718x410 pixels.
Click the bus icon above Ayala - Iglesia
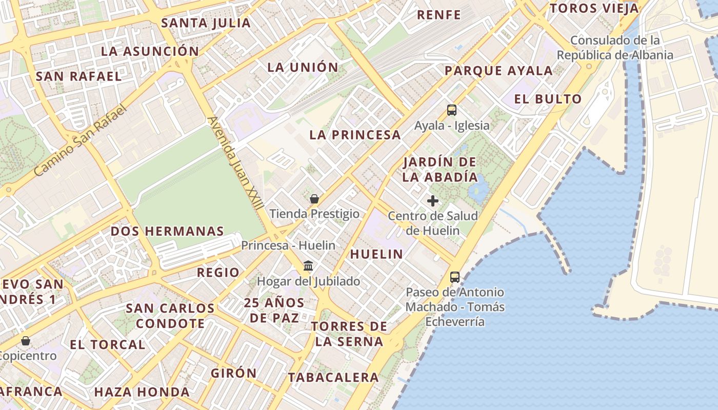point(451,110)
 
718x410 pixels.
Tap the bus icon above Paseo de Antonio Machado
point(454,277)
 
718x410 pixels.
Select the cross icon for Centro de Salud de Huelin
point(433,200)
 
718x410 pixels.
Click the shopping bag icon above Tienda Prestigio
point(314,199)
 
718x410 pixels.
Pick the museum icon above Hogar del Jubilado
point(308,266)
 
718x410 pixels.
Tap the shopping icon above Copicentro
point(25,340)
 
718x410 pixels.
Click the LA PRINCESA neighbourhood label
point(355,135)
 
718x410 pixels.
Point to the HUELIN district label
point(376,254)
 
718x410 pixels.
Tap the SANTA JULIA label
point(206,23)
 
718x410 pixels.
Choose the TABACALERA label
point(333,378)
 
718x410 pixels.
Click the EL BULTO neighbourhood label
point(548,99)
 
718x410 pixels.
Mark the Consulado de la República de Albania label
point(615,47)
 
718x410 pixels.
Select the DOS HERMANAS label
point(167,231)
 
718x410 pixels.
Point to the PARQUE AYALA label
point(498,71)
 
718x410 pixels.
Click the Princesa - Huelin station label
point(288,245)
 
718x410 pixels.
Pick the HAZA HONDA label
point(142,392)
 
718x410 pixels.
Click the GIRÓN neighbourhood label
point(234,373)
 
